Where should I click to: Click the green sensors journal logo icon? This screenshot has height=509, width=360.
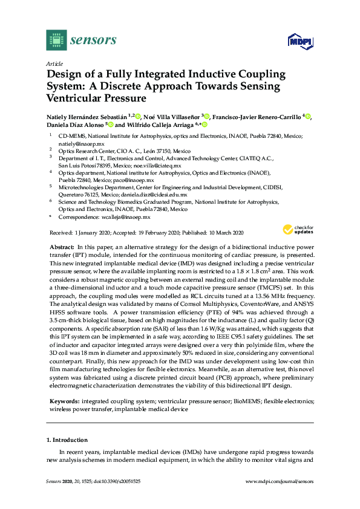pyautogui.click(x=56, y=41)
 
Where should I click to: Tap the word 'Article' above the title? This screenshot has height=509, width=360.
pyautogui.click(x=55, y=63)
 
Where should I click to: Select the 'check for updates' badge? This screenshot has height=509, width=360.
pyautogui.click(x=296, y=230)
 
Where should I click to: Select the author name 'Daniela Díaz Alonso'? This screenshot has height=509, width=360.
pyautogui.click(x=74, y=125)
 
